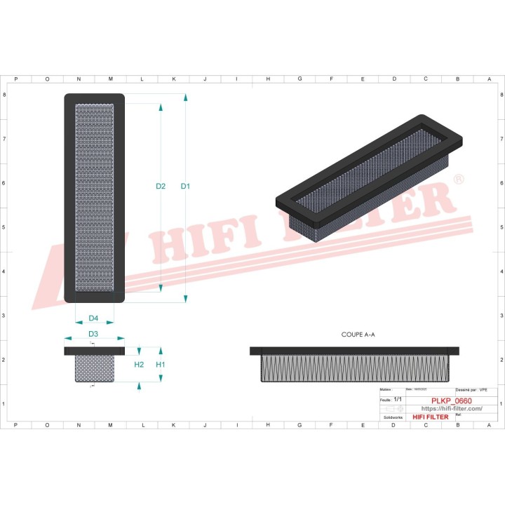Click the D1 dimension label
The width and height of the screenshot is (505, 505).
tap(185, 187)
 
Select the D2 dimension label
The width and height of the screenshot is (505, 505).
tap(161, 187)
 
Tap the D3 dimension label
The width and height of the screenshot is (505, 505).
tap(93, 333)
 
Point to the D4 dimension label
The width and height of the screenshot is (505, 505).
tap(93, 318)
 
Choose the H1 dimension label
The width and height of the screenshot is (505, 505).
tap(161, 365)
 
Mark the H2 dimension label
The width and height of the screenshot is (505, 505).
tap(139, 365)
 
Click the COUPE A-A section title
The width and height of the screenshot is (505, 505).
tap(358, 335)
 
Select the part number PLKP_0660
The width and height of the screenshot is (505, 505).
tap(451, 401)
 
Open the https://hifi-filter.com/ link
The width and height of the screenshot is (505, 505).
tap(451, 409)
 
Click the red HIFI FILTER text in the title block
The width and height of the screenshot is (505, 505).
tap(430, 417)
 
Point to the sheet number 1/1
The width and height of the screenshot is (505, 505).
tap(398, 399)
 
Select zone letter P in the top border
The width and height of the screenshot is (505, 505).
tap(16, 79)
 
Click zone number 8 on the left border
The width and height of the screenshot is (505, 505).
tap(6, 95)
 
